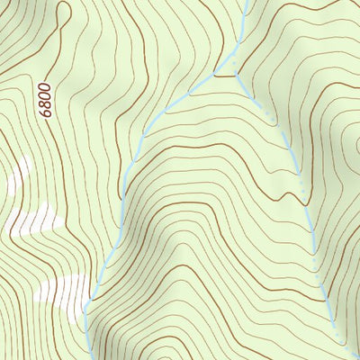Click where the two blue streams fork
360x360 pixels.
[x=217, y=76]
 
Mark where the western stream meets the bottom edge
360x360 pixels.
[x=85, y=358]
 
